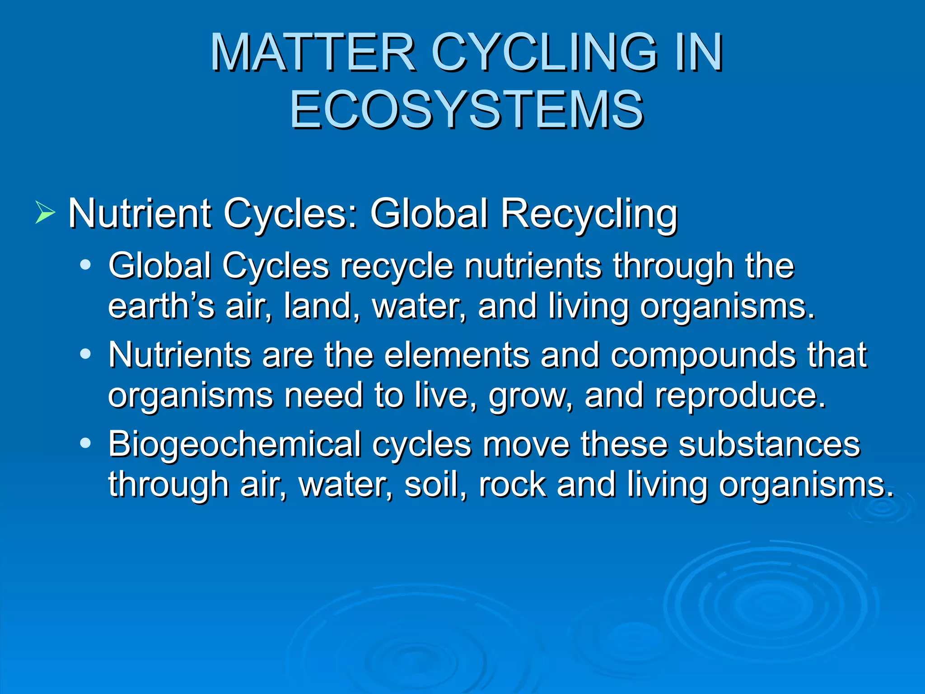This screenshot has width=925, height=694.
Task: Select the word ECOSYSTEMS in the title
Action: (x=467, y=110)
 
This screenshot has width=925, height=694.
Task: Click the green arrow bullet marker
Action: (x=45, y=213)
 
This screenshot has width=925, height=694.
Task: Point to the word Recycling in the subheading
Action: (x=589, y=214)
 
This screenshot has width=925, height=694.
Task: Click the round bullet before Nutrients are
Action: (x=85, y=354)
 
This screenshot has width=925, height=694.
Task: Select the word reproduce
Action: (x=741, y=395)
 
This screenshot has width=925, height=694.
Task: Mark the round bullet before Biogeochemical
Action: (x=85, y=443)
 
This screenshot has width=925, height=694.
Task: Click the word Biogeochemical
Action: (x=234, y=445)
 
